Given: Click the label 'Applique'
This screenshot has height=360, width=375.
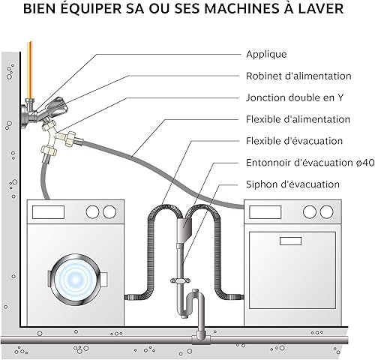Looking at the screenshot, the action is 266,55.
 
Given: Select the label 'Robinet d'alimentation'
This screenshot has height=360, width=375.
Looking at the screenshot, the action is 298,76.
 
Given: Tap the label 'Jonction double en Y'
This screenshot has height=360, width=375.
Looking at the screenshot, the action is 295,97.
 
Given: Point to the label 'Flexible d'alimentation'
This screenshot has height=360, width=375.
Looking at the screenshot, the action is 298,119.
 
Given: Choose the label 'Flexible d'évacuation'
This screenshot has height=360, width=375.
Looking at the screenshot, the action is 294,141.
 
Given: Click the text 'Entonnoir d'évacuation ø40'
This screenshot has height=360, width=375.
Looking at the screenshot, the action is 310,163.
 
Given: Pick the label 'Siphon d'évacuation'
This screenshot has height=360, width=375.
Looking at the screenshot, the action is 292,184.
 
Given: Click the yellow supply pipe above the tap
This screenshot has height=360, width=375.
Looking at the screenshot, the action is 31,70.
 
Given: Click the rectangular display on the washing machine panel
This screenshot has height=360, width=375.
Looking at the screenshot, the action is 48,212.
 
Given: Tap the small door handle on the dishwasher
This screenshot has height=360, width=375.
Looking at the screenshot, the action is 290,241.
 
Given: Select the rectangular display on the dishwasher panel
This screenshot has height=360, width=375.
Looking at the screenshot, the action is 265,212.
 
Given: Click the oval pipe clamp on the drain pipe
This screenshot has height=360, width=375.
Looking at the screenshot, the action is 180,281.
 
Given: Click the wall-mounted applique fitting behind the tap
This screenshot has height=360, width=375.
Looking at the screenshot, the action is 24,115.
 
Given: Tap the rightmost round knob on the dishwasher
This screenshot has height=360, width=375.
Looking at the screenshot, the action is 326,212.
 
